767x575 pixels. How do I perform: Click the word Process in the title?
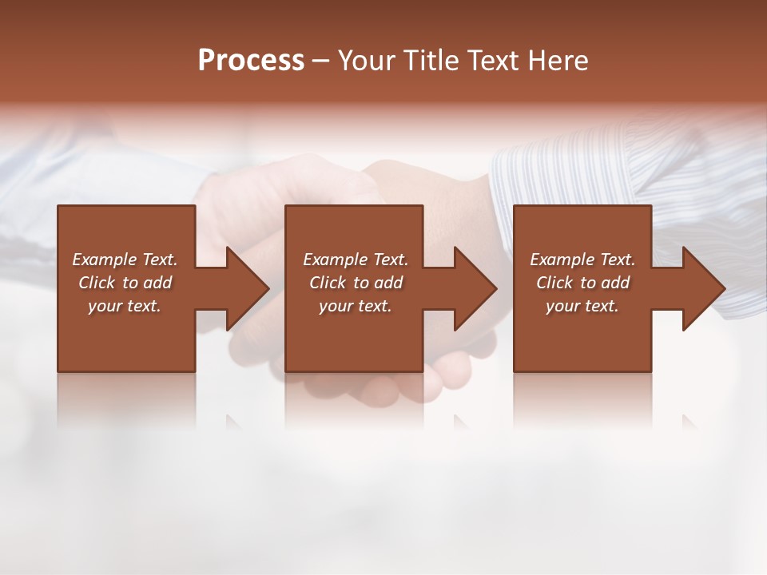point(251,61)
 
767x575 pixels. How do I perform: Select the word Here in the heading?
point(556,61)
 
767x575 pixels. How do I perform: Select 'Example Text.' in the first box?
point(125,260)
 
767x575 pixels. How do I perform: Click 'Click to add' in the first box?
point(125,283)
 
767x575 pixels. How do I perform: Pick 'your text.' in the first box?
point(125,306)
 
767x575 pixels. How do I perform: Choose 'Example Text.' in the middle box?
point(355,260)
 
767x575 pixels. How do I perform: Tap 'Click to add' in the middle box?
point(355,283)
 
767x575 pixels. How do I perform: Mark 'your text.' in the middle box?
point(355,306)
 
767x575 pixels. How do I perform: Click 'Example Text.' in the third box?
point(582,260)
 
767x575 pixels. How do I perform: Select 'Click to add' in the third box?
point(582,283)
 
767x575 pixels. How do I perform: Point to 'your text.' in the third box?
point(582,306)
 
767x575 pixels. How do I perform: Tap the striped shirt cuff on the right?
point(559,184)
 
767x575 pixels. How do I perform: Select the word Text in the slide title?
point(493,61)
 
